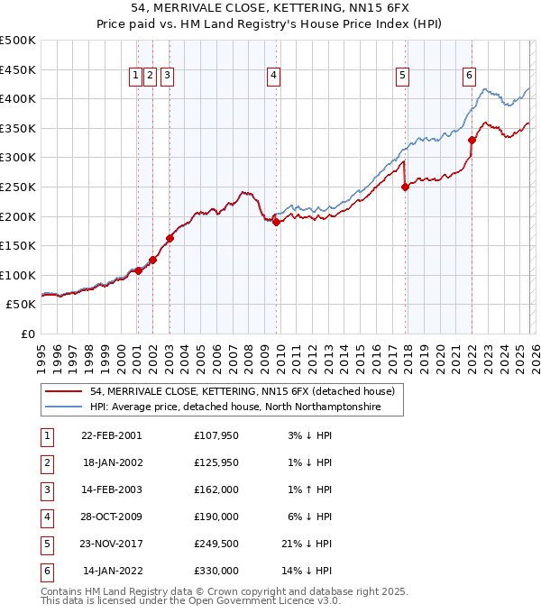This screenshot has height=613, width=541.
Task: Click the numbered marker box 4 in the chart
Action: pyautogui.click(x=272, y=77)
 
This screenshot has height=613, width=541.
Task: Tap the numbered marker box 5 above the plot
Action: pyautogui.click(x=401, y=77)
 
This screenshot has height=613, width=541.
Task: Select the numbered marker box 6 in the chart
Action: pyautogui.click(x=470, y=77)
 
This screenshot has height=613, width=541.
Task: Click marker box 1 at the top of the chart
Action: pyautogui.click(x=135, y=77)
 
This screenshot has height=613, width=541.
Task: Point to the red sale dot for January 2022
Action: pyautogui.click(x=472, y=140)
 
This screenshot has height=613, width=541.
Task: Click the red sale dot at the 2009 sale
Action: pyautogui.click(x=277, y=222)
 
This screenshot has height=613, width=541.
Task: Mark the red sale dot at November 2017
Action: pyautogui.click(x=405, y=187)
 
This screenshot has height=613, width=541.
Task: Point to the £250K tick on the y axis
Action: pyautogui.click(x=18, y=187)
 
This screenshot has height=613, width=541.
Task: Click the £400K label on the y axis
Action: pyautogui.click(x=18, y=99)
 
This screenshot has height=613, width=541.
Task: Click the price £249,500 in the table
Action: pyautogui.click(x=216, y=545)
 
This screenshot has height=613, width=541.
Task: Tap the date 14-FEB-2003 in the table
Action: pyautogui.click(x=112, y=489)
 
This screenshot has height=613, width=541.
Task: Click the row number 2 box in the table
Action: pyautogui.click(x=45, y=462)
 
